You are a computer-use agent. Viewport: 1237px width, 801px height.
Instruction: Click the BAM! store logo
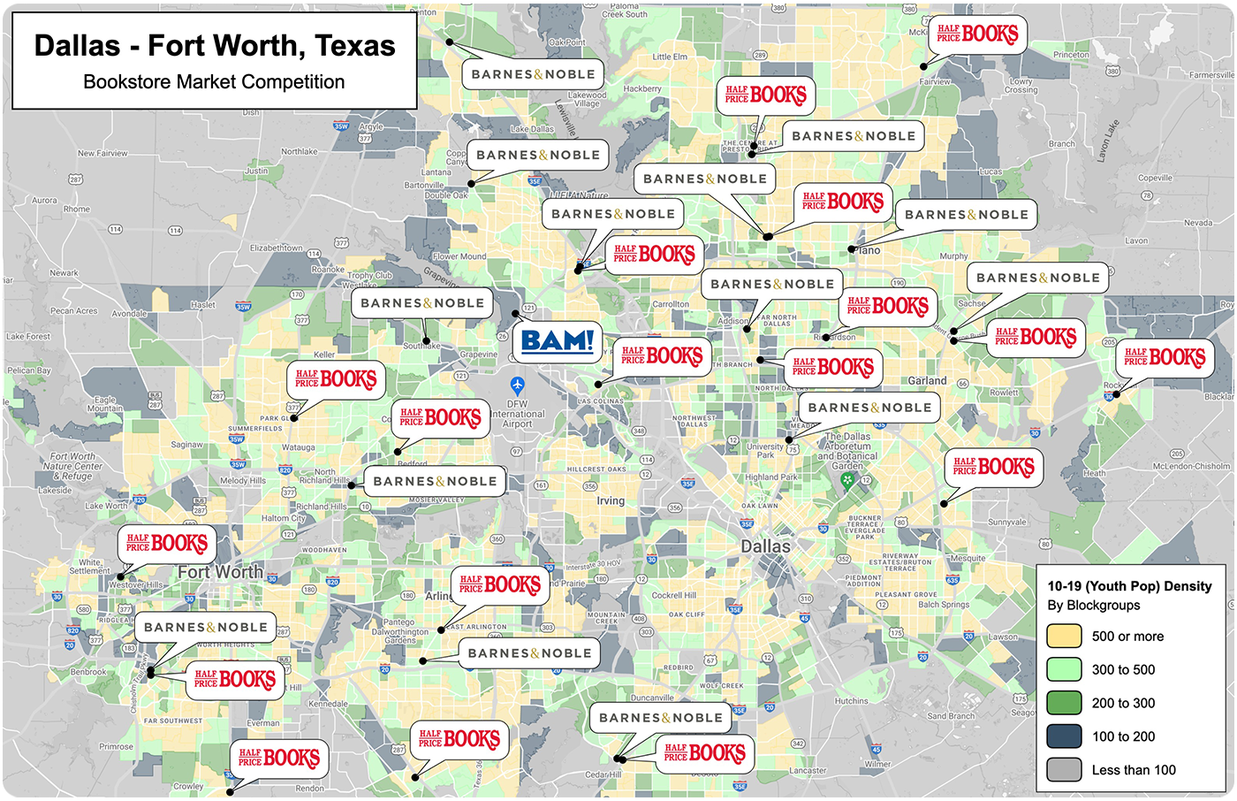coord(558,341)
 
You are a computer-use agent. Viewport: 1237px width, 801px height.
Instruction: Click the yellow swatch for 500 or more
coord(1064,636)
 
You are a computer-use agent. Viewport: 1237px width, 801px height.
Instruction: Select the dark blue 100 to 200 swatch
coord(1064,736)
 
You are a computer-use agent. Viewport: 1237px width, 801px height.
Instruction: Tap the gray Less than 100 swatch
coord(1064,770)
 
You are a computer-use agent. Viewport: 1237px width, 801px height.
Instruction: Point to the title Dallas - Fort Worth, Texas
coord(215,46)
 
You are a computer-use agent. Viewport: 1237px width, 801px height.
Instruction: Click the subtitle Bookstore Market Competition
coord(214,82)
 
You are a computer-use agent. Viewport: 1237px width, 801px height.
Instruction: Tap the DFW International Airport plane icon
coord(518,385)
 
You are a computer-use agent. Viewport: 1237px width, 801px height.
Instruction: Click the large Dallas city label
coord(765,546)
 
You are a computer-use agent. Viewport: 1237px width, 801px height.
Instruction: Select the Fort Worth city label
coord(220,572)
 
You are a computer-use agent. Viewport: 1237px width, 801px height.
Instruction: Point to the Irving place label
coord(611,500)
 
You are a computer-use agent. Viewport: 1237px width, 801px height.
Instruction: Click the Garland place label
coord(927,381)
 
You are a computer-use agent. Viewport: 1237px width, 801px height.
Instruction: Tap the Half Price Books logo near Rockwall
coord(1165,358)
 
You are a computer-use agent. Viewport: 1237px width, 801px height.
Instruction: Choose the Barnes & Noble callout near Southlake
coord(422,303)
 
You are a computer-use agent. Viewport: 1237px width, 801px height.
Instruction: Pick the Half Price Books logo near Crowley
coord(278,759)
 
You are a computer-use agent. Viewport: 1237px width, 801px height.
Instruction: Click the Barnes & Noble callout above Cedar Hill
coord(660,718)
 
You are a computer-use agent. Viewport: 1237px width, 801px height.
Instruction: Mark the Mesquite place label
coord(968,559)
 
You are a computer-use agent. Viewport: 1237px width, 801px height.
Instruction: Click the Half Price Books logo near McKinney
coord(977,34)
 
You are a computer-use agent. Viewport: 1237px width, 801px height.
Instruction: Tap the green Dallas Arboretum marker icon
coord(847,481)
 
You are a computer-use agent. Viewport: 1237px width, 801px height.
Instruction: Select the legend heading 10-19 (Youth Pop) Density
coord(1129,586)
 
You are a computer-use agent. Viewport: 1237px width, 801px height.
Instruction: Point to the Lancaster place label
coord(808,771)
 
